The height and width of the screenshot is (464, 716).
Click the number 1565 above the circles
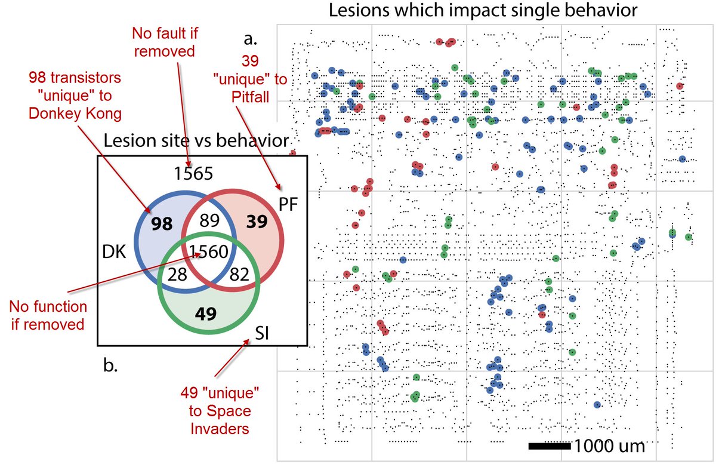click(x=194, y=174)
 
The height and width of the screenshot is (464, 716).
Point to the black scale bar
click(x=550, y=445)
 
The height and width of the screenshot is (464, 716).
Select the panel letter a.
click(x=251, y=40)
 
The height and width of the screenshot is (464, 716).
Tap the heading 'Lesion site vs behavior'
click(x=196, y=141)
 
